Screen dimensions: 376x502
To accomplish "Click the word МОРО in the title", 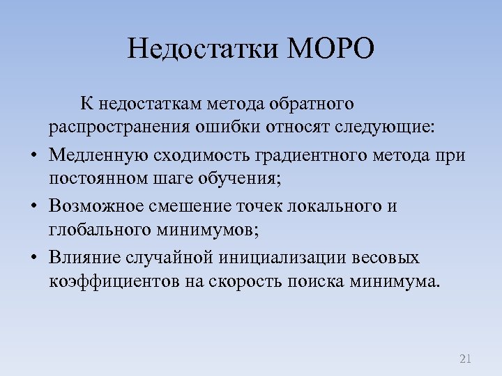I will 331,49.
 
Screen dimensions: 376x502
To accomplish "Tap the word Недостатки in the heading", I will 204,49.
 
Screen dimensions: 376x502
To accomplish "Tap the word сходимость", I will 190,155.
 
